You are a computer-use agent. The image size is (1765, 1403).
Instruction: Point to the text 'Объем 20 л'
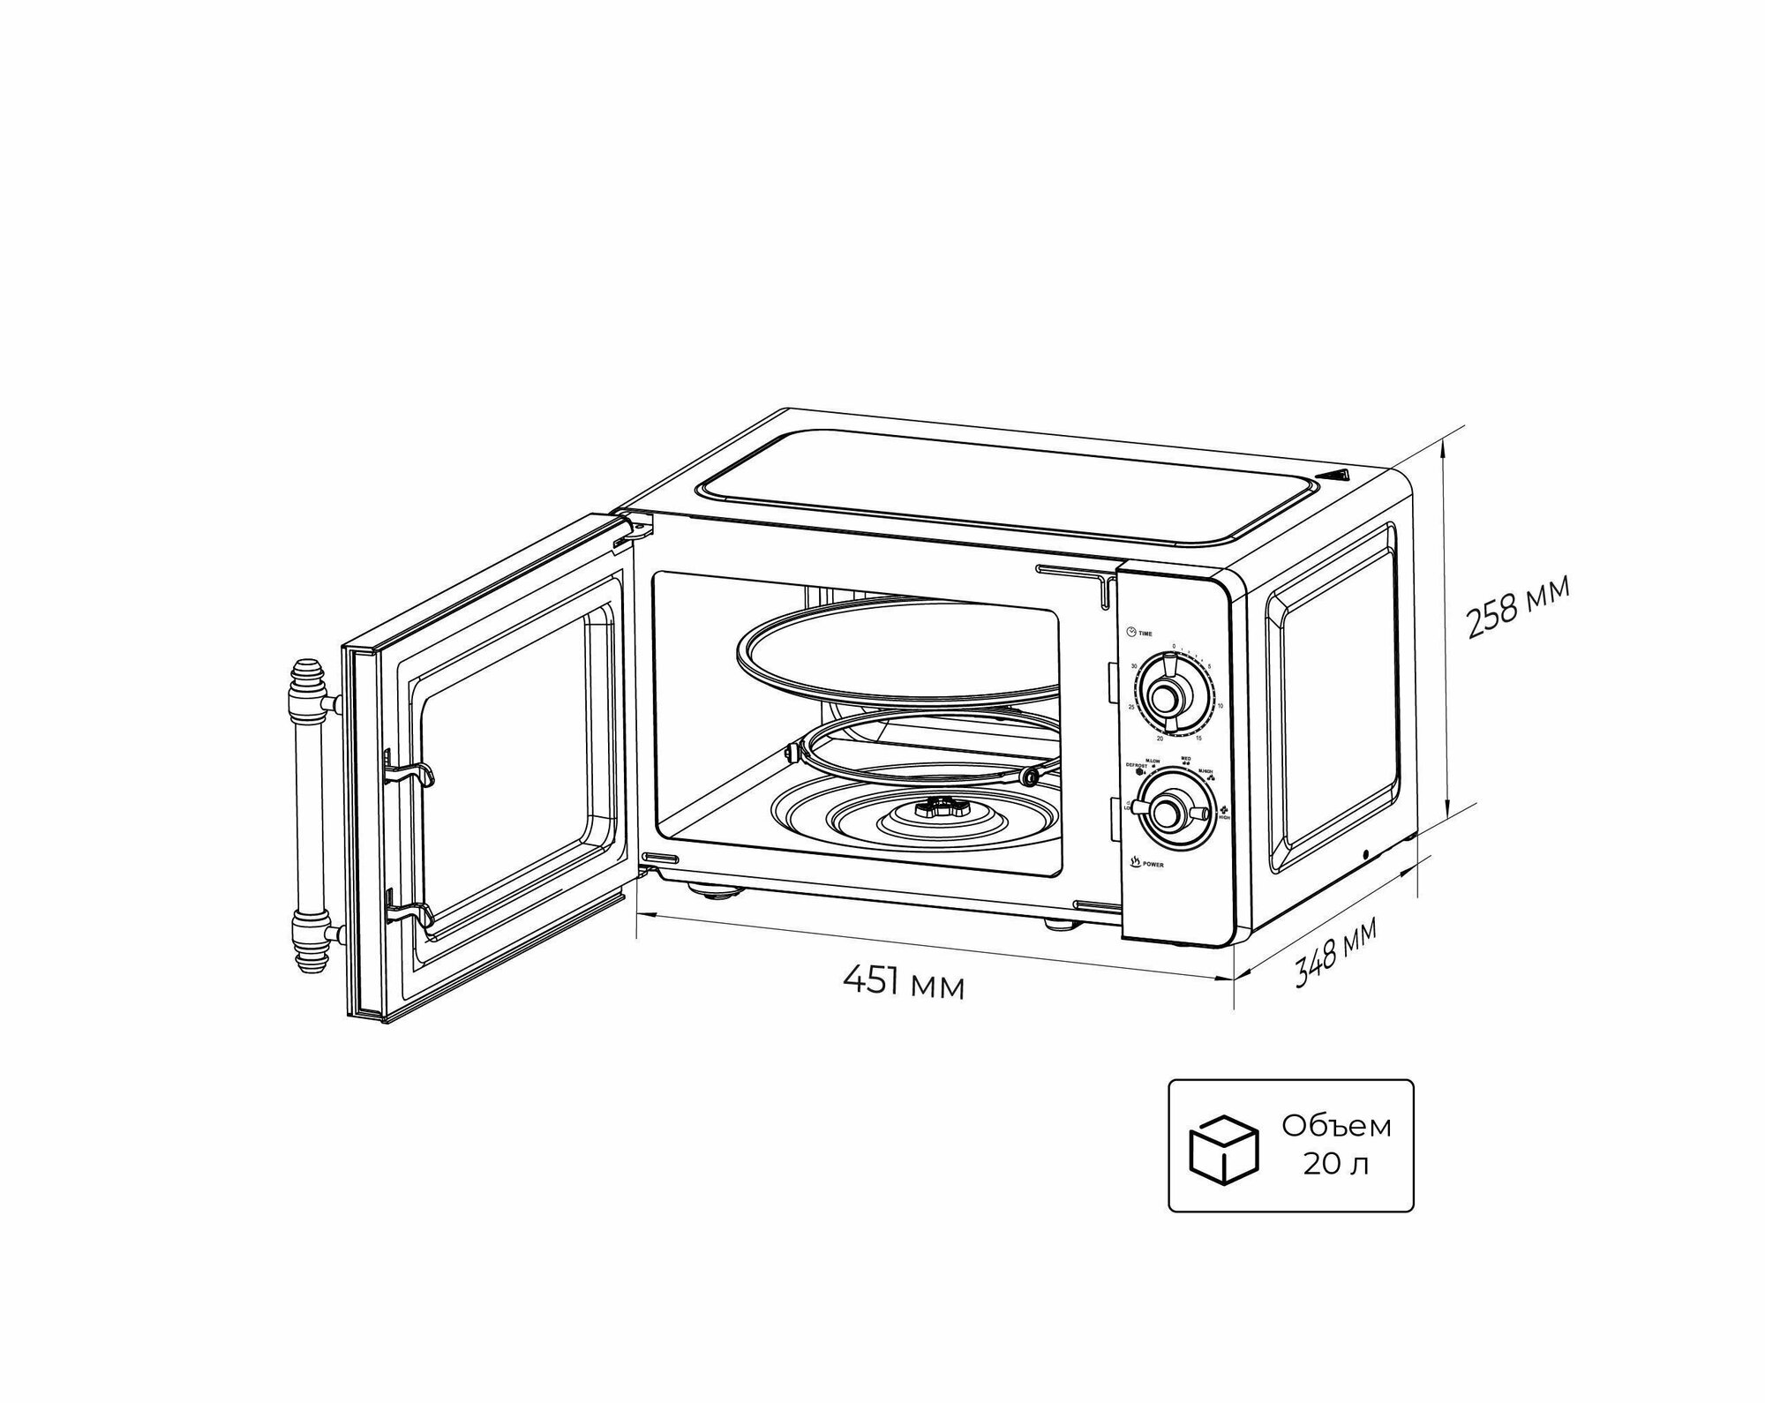point(1336,1145)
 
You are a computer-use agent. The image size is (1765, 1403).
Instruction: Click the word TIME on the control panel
point(1145,634)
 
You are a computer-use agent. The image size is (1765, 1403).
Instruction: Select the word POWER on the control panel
point(1153,866)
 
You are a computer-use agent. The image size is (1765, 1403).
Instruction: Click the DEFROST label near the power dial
point(1136,765)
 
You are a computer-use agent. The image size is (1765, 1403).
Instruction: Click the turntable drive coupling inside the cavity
point(943,805)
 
